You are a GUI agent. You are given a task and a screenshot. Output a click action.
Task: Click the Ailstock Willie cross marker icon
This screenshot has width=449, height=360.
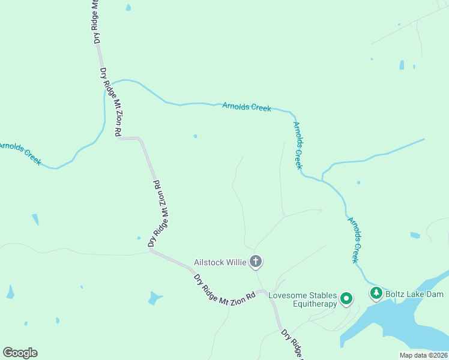click(256, 261)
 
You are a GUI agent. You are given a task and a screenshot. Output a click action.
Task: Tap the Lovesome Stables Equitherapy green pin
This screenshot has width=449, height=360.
click(346, 298)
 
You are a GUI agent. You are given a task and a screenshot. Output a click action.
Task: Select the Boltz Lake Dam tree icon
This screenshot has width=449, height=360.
click(376, 293)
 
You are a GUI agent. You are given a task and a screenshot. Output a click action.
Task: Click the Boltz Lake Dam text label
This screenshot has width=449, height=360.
click(414, 294)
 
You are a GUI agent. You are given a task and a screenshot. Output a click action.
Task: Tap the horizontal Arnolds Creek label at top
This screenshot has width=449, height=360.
click(246, 107)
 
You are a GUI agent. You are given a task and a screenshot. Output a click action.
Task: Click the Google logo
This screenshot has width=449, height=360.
click(20, 353)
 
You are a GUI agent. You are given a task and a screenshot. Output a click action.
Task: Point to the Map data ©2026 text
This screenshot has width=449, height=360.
click(423, 355)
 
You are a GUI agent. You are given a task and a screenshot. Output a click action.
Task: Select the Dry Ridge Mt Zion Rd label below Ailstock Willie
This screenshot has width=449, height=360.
click(225, 290)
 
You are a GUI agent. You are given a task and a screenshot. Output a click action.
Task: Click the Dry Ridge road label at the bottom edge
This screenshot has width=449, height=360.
click(292, 343)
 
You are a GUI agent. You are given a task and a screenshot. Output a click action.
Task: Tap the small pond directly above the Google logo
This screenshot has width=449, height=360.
click(10, 292)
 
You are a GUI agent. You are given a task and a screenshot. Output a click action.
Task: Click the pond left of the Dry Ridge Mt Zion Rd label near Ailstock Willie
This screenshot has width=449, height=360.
click(155, 298)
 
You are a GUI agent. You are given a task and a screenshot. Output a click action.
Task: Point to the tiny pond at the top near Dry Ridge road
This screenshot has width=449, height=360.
click(128, 8)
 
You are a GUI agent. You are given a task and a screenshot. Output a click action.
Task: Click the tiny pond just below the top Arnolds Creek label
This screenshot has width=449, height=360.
click(195, 136)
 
